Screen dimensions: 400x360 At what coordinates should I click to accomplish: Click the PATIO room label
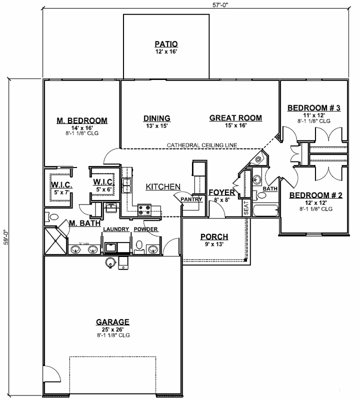click(166, 43)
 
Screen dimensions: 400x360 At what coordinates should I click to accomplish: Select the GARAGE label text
click(112, 322)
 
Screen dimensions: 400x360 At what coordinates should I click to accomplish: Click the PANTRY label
click(191, 199)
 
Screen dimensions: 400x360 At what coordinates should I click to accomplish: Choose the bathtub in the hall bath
click(265, 210)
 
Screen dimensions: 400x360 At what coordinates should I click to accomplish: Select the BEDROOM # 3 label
click(314, 108)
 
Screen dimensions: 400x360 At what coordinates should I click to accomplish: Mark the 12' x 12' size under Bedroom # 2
click(316, 202)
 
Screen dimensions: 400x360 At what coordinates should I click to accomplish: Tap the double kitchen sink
click(126, 185)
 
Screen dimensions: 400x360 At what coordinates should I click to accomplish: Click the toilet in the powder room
click(140, 246)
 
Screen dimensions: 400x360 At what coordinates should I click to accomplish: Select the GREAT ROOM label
click(235, 118)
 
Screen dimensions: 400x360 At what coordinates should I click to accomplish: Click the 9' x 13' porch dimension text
click(214, 244)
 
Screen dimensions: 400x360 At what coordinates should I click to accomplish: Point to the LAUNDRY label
click(116, 229)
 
